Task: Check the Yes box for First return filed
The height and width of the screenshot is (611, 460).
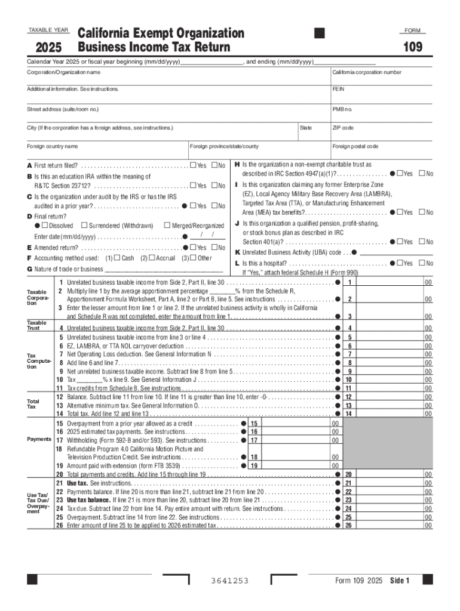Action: tap(193, 165)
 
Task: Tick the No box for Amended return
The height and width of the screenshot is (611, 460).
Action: tap(214, 248)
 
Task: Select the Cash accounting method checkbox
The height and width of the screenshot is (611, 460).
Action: tap(118, 258)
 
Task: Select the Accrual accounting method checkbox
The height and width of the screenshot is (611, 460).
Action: tap(152, 258)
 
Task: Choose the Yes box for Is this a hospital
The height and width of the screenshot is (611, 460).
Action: tap(400, 263)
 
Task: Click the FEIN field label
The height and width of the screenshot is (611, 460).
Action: tap(338, 89)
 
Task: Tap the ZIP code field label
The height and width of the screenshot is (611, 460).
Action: tap(343, 128)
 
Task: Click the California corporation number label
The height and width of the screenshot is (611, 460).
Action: tap(367, 72)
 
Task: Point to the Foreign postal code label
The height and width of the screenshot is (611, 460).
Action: tap(355, 146)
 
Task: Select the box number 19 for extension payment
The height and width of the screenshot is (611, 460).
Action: tap(253, 466)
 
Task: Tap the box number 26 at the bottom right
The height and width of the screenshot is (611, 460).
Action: tap(349, 526)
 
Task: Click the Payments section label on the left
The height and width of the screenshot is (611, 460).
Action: tap(39, 439)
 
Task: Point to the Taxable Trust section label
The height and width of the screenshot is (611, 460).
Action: tap(37, 325)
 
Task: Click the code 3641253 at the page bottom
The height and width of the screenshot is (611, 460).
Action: tap(230, 581)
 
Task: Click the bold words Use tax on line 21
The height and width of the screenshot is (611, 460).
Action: tap(78, 483)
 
